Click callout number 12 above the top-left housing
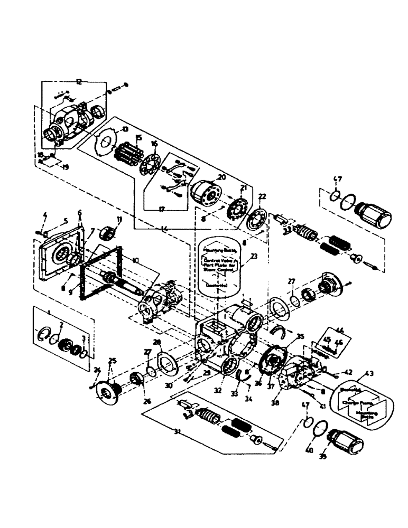tap(79, 82)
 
